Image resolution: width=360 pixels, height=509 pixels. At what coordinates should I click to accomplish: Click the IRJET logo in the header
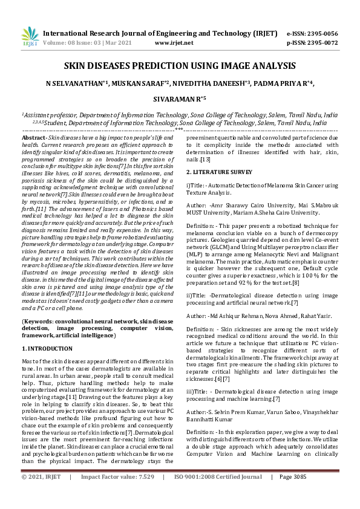pos(30,36)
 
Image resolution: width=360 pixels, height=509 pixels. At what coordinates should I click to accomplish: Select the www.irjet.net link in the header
pos(174,43)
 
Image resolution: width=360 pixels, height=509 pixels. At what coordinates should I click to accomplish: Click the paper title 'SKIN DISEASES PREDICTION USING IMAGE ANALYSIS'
pos(180,65)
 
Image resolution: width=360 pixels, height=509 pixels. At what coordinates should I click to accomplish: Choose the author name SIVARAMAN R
pos(178,98)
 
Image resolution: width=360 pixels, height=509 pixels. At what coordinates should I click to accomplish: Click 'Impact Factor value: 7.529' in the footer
pos(117,494)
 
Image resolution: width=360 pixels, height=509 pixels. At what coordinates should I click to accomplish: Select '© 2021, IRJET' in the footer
pos(41,494)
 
